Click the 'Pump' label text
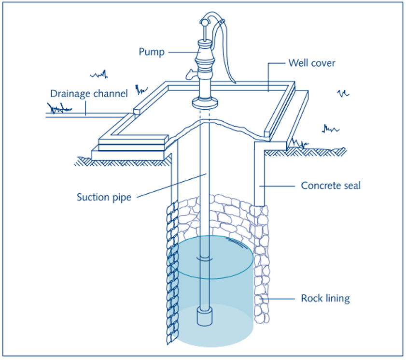click(x=151, y=52)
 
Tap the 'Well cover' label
click(x=311, y=63)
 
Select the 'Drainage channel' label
click(x=89, y=93)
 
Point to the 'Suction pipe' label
click(x=104, y=197)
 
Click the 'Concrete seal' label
click(x=330, y=186)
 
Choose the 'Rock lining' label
click(x=325, y=299)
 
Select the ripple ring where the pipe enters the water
click(x=205, y=259)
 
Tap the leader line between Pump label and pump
click(x=181, y=52)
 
